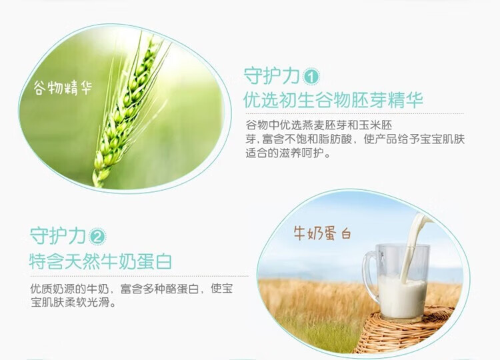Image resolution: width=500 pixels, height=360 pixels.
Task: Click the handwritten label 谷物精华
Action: point(63,87)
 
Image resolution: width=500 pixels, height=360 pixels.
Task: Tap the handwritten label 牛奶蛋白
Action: point(322,233)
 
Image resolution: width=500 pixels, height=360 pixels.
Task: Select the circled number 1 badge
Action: point(311,77)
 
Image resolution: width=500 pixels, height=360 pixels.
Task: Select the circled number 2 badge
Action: point(97,237)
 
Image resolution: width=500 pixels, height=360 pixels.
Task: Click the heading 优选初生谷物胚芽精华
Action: point(333,100)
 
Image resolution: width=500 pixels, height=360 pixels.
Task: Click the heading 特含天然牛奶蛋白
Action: point(101,261)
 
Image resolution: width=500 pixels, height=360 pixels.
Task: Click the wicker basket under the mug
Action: point(405,331)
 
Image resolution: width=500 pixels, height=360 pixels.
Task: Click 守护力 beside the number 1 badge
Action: point(272,76)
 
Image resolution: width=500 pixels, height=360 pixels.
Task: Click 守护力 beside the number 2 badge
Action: point(58,235)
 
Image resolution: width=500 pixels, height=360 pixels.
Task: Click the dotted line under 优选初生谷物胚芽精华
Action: point(355,113)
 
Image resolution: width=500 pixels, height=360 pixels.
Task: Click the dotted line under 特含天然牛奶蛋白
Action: point(139,276)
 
